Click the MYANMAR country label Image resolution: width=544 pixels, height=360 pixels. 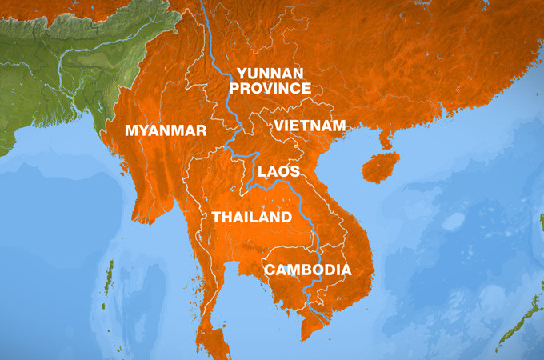pyautogui.click(x=166, y=130)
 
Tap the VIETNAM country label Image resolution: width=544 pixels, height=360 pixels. pyautogui.click(x=310, y=126)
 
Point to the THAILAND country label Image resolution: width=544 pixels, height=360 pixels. pyautogui.click(x=251, y=218)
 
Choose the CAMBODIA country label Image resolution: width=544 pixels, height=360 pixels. pyautogui.click(x=308, y=270)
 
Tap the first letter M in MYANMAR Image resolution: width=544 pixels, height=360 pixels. pyautogui.click(x=131, y=130)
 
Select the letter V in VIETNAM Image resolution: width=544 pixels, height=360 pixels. pyautogui.click(x=279, y=126)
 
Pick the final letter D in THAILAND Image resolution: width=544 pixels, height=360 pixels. pyautogui.click(x=286, y=218)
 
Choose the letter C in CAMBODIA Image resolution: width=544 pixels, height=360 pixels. pyautogui.click(x=271, y=270)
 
